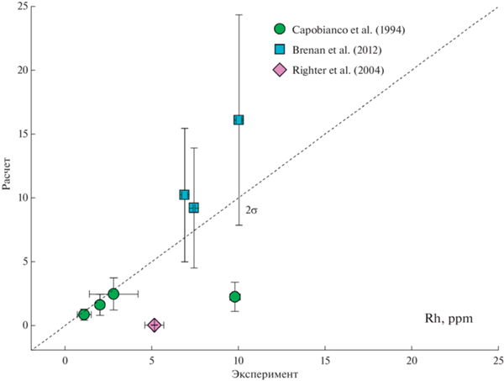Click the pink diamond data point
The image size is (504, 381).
(x=155, y=325)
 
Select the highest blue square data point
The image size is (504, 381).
(x=239, y=119)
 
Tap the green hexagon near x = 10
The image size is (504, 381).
(x=235, y=296)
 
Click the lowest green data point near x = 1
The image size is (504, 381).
(x=84, y=315)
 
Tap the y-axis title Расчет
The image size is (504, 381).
(x=8, y=177)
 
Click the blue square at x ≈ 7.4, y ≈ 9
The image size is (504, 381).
(x=193, y=208)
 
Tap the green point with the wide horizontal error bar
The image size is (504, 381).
(x=113, y=294)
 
